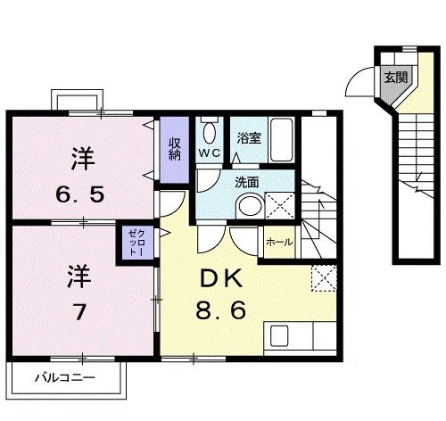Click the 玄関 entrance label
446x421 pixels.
[395, 78]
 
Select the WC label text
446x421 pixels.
[210, 153]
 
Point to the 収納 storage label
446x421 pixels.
[174, 145]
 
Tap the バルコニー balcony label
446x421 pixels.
[64, 376]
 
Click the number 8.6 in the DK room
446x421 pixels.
[217, 312]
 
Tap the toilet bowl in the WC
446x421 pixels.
[209, 133]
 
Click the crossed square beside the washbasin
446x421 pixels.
[279, 204]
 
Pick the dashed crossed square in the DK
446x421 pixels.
[323, 278]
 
